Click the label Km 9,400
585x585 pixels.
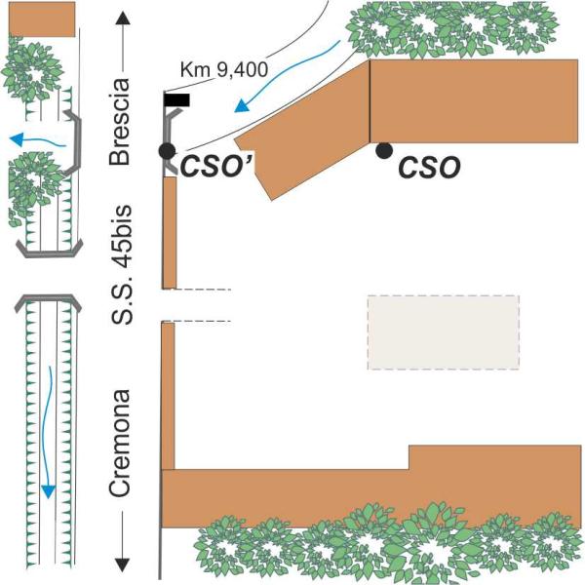tap(224, 69)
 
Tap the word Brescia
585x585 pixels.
tap(119, 122)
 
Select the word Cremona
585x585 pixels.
tap(119, 443)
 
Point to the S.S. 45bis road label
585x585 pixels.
tap(122, 264)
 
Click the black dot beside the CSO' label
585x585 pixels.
tap(167, 151)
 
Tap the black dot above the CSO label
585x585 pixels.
tap(384, 150)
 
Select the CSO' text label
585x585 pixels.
tap(216, 167)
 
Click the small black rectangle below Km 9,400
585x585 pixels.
tap(176, 100)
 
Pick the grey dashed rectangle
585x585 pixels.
tap(444, 332)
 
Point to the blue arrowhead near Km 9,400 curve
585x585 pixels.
tap(241, 105)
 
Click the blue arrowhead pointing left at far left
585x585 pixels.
tap(17, 139)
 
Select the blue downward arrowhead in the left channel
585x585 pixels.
tap(48, 491)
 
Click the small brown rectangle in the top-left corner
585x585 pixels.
tap(42, 19)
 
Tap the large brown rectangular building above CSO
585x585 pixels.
tap(474, 100)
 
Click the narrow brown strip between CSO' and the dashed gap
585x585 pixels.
tap(170, 233)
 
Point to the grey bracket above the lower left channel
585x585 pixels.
tap(48, 300)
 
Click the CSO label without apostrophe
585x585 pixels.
tap(429, 168)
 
